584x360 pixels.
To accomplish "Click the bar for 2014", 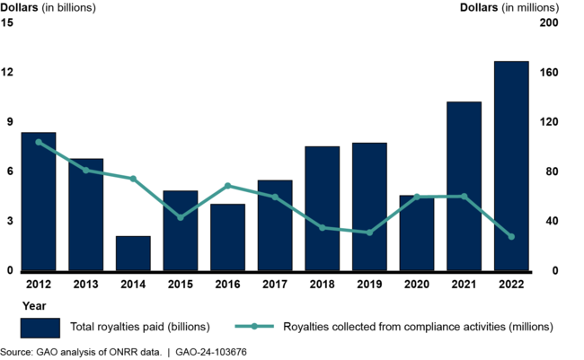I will coord(133,253).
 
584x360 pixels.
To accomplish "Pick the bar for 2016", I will coord(227,237).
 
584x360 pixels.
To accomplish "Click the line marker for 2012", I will coord(39,142).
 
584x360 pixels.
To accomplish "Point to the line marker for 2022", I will coord(511,237).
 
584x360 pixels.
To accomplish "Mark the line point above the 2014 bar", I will coord(133,179).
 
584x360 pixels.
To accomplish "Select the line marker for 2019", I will coord(369,233).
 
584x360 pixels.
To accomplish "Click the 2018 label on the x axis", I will coord(322,285).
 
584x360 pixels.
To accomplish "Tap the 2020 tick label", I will coord(416,285).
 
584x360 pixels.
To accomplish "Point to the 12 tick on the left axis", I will coord(8,72).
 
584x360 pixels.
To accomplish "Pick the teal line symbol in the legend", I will coord(255,326).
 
